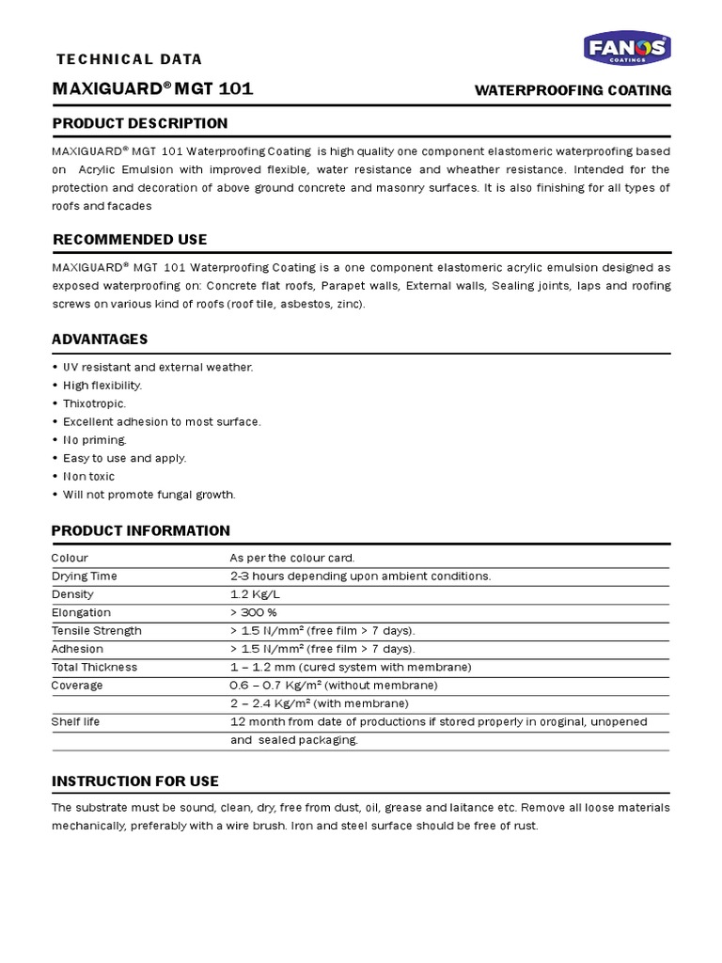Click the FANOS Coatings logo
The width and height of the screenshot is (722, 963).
[x=627, y=48]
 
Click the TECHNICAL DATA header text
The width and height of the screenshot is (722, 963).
[x=130, y=59]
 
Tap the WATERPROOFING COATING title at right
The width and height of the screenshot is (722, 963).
[x=573, y=90]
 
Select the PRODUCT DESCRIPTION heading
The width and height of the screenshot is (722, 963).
[x=140, y=123]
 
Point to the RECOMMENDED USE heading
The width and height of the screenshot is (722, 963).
[x=130, y=240]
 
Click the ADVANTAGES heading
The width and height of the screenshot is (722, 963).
[x=100, y=339]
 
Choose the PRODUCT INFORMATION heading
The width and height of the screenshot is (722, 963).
[x=141, y=530]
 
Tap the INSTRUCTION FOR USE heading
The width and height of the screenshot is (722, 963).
[x=135, y=781]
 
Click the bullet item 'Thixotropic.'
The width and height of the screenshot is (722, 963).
[x=94, y=403]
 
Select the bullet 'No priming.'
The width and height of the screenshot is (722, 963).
[x=94, y=440]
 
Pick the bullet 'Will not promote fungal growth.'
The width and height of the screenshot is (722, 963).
[x=149, y=495]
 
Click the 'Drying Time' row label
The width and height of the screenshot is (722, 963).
[x=85, y=576]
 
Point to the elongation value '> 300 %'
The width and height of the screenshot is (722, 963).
[x=254, y=612]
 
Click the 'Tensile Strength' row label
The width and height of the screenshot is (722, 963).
[x=97, y=631]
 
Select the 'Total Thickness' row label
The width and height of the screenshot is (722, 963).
[x=94, y=668]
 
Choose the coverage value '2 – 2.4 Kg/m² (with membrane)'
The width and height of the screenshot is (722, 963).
[x=320, y=703]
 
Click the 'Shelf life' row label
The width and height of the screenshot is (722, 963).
[x=76, y=722]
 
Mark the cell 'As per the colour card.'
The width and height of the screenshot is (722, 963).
[x=292, y=558]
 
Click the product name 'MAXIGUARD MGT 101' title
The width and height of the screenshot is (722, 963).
[x=152, y=90]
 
